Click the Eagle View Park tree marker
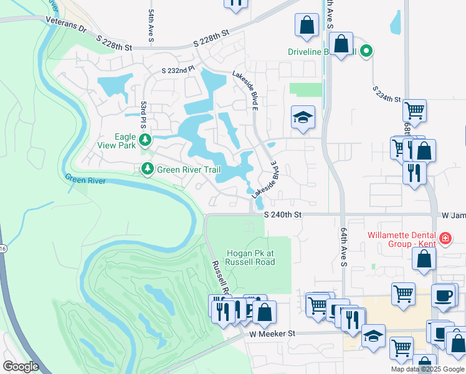(145, 138)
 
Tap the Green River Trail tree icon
(147, 168)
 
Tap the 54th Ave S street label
(151, 26)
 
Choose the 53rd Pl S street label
(143, 112)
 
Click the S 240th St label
(282, 214)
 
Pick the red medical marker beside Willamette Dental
(445, 238)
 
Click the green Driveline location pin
(367, 52)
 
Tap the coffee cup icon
(444, 296)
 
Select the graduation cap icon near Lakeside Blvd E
(303, 117)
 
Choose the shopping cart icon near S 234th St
(414, 111)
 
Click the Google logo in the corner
(21, 367)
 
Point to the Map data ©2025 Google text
(427, 369)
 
